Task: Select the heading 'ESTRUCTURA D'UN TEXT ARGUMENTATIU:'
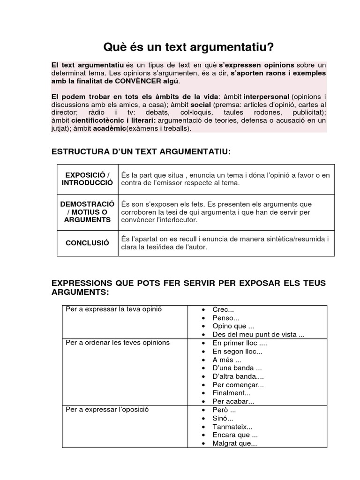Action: pos(141,151)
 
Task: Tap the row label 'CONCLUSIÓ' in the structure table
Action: pos(87,243)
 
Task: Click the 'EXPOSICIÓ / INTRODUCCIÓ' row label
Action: pos(87,179)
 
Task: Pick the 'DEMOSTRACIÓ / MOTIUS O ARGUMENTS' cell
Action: pos(87,212)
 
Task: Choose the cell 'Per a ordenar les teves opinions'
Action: pos(118,343)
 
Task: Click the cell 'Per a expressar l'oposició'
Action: pos(107,409)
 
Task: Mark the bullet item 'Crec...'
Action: pos(223,310)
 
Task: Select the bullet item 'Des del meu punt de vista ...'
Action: pos(258,335)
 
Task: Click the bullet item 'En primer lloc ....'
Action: pos(240,343)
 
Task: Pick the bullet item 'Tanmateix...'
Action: pos(232,427)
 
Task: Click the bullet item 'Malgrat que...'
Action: pos(234,443)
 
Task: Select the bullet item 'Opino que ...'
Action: pos(233,326)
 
